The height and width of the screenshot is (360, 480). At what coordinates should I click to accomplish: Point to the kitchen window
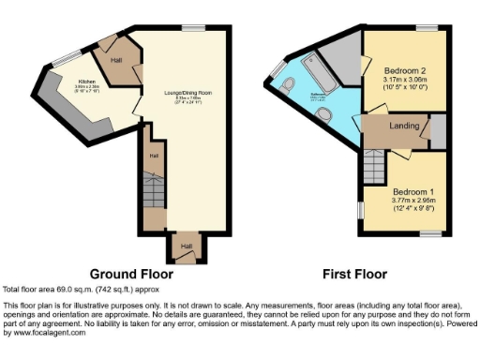click(x=66, y=60)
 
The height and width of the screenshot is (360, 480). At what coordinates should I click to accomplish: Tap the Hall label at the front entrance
click(x=186, y=246)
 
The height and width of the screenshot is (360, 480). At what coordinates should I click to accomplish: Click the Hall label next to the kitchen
click(x=117, y=59)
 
